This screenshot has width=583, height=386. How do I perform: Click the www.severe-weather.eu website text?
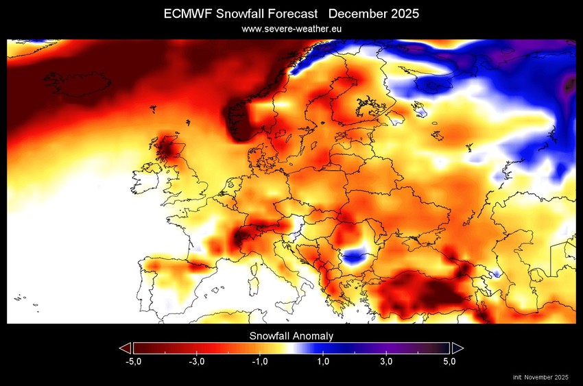[291, 29]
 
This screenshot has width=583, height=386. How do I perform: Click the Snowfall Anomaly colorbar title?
[291, 336]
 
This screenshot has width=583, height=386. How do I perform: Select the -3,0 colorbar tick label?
[196, 361]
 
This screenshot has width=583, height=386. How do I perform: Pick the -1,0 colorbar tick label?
[259, 361]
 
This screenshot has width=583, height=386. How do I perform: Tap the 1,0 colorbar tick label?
[323, 361]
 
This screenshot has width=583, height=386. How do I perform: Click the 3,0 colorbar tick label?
[386, 361]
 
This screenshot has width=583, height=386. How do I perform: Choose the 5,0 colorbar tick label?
[450, 361]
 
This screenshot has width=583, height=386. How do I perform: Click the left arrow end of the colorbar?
[125, 348]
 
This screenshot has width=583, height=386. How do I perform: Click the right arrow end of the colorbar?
[457, 348]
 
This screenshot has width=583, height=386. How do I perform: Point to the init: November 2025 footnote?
[540, 377]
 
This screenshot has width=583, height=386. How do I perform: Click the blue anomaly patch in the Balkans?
[354, 258]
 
